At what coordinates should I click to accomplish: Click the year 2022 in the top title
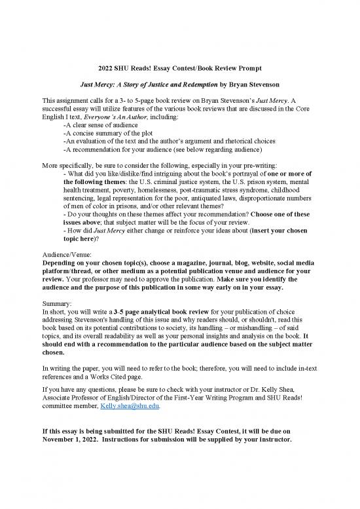pos(101,67)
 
